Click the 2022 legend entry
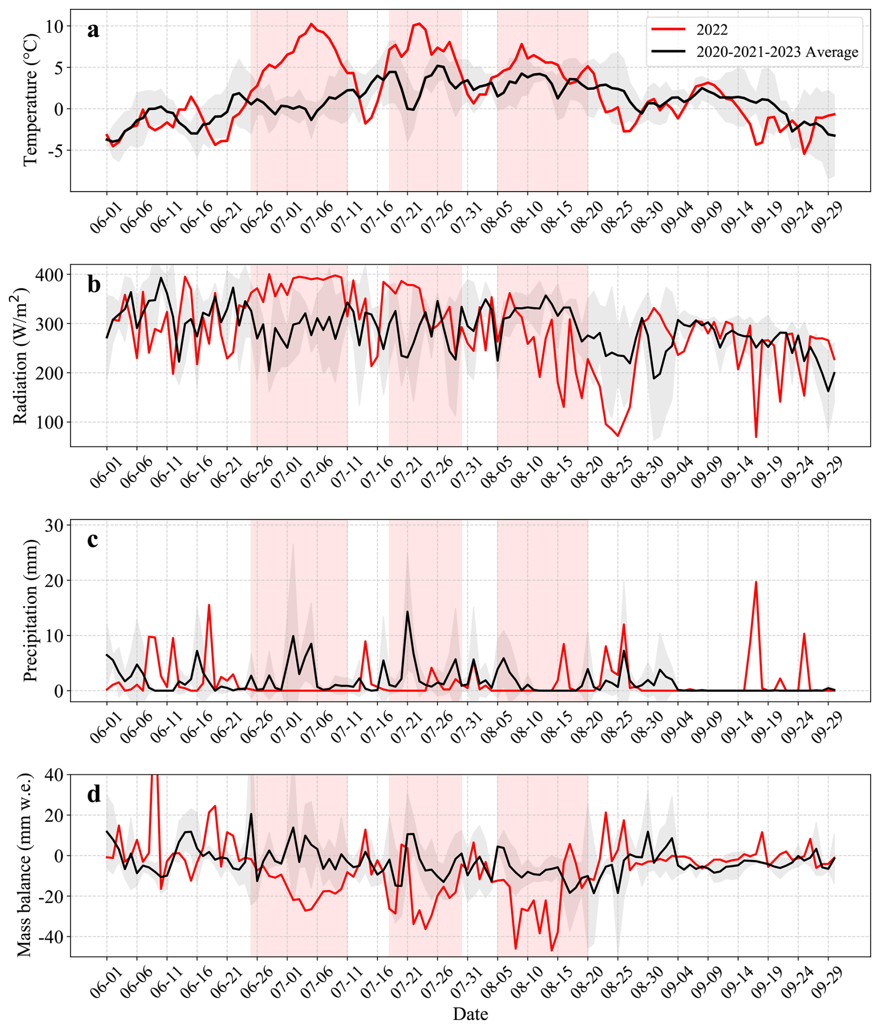click(712, 30)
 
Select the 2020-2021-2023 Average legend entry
click(777, 52)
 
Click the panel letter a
click(93, 30)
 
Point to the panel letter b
click(93, 285)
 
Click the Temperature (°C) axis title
click(31, 100)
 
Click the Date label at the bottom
click(470, 1014)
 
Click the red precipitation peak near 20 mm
click(756, 582)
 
